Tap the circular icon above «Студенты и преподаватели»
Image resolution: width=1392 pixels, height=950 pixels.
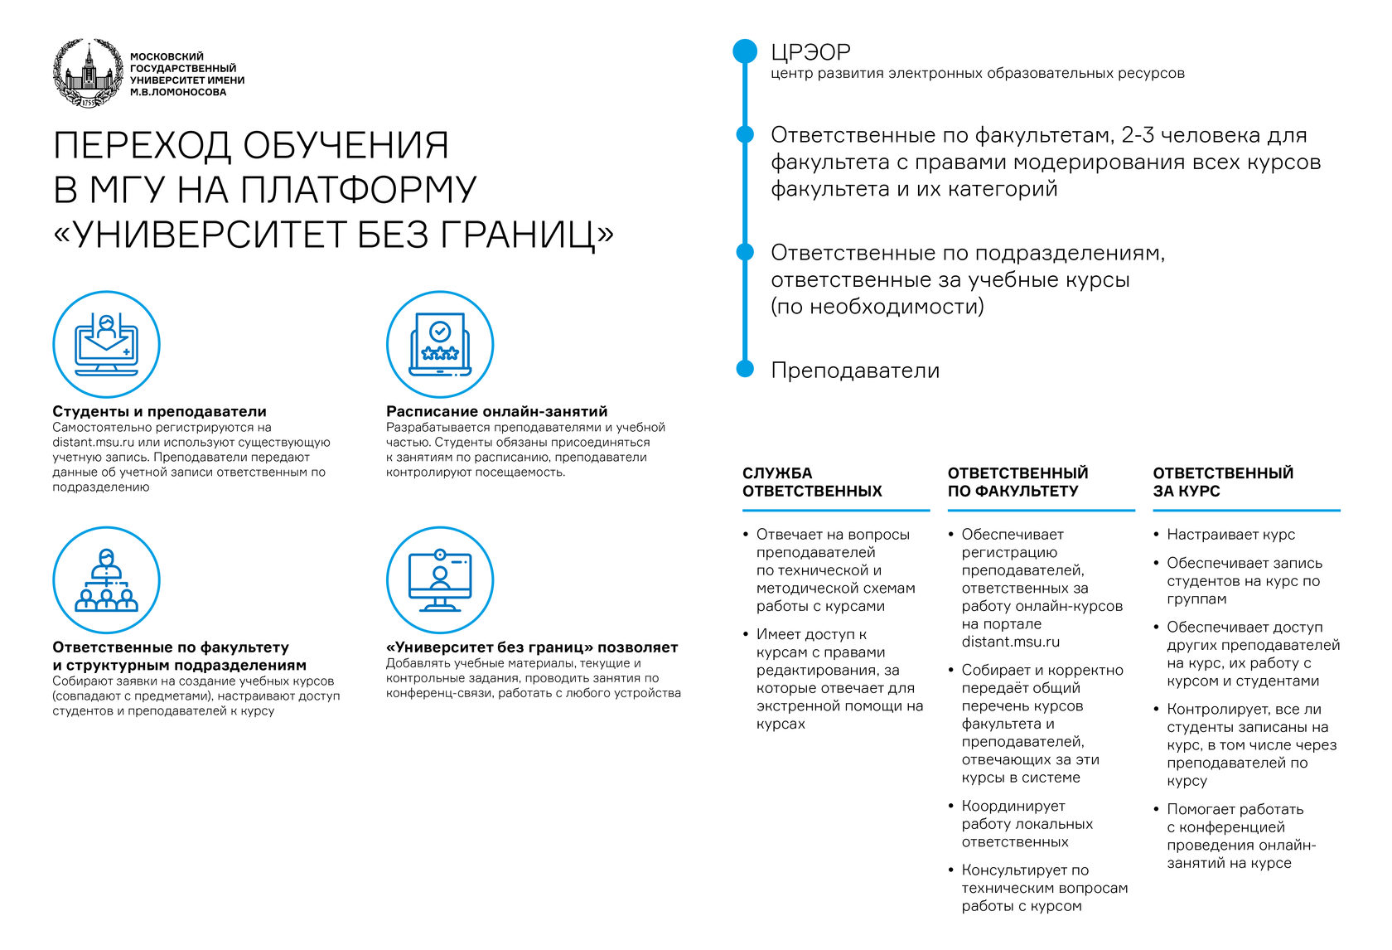106,344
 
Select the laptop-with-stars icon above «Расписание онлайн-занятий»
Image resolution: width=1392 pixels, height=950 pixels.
440,344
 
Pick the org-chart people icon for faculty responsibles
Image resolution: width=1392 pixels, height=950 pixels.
106,579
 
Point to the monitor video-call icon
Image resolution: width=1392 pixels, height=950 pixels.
440,579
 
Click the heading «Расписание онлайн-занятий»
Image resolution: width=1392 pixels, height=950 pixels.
496,411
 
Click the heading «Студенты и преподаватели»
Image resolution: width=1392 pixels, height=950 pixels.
159,411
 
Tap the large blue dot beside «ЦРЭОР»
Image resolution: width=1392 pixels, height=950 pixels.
745,51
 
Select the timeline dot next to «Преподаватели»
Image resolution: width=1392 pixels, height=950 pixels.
745,369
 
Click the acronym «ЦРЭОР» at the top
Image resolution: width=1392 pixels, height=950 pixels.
810,52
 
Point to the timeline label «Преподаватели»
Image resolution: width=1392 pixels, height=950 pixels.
855,371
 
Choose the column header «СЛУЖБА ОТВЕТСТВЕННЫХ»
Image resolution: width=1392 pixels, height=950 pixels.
812,482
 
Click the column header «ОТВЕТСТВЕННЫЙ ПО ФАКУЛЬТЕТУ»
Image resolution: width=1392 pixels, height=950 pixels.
1017,482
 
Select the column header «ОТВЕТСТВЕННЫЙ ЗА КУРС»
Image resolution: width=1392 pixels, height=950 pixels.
1223,482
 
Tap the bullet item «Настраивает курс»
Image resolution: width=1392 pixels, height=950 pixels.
1230,535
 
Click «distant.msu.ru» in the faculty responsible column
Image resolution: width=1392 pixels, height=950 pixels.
1010,642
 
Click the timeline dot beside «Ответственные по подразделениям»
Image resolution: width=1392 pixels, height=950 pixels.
745,252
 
